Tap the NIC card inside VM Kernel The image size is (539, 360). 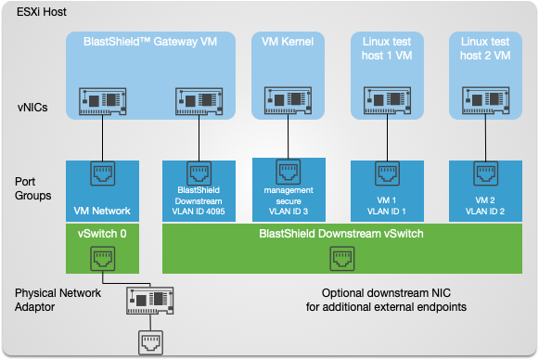pyautogui.click(x=288, y=101)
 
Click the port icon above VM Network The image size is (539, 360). pyautogui.click(x=101, y=174)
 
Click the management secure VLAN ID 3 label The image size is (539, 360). pyautogui.click(x=288, y=203)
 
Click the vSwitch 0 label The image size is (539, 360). pyautogui.click(x=99, y=233)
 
